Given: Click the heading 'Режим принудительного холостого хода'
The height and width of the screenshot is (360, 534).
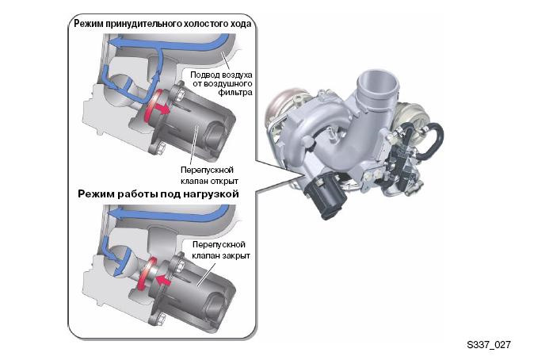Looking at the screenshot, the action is coord(162,24).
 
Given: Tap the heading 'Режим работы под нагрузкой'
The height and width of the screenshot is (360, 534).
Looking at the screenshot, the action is coord(158,194).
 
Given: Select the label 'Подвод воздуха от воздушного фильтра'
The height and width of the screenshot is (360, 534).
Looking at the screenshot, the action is coord(221,83).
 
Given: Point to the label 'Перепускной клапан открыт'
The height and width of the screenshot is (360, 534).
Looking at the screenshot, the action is coord(209,175).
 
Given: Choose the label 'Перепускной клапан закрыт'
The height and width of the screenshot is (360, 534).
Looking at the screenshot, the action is coord(221,250).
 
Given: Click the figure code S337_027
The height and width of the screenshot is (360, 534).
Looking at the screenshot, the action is coord(489,345).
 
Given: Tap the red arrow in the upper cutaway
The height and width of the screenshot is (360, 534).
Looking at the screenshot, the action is coord(162,109).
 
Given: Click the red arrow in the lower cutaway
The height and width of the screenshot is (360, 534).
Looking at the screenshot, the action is coord(163,280).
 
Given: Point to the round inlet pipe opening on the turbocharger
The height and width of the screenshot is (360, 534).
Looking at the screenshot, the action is coord(378,80).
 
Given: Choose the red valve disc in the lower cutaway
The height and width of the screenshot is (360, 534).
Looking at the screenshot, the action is coord(146,274).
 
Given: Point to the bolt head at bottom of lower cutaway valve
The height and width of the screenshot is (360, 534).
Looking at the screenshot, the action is coord(161,320).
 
